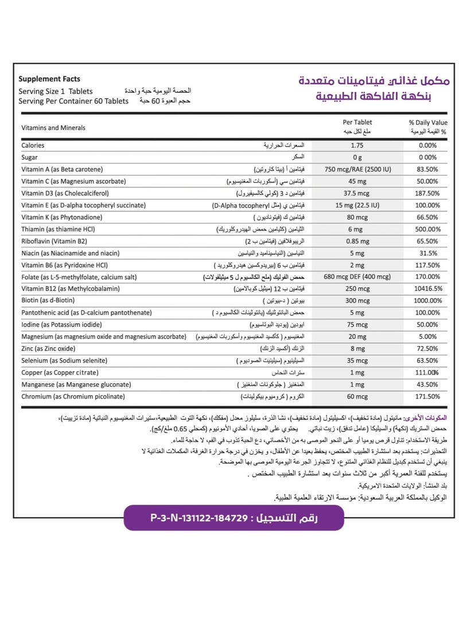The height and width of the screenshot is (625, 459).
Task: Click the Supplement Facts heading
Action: click(49, 79)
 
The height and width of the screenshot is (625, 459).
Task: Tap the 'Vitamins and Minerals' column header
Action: click(53, 128)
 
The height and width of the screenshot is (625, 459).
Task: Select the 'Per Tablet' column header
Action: click(357, 122)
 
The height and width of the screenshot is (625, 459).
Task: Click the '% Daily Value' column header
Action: click(427, 122)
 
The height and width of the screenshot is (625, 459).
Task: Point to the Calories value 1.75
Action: click(357, 146)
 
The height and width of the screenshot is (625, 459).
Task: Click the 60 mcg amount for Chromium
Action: click(357, 396)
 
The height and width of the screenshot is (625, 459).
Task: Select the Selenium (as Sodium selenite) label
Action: click(64, 361)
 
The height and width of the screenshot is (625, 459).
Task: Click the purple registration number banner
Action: click(234, 518)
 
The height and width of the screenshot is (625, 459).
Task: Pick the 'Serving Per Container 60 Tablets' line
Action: click(73, 101)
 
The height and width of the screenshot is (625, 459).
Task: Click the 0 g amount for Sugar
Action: click(357, 157)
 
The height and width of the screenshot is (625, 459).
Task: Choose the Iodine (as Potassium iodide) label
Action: click(63, 325)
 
